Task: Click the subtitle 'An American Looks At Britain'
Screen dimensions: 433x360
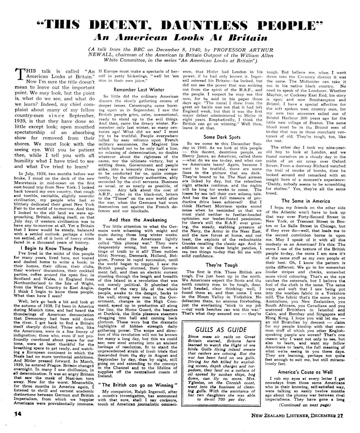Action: click(180, 38)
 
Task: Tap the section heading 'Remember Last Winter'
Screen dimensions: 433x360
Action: click(139, 90)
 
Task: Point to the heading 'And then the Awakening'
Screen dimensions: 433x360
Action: click(138, 220)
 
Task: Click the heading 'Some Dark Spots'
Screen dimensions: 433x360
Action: click(222, 137)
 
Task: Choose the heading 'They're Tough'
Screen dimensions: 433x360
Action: click(222, 265)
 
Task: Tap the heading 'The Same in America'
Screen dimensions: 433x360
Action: click(301, 201)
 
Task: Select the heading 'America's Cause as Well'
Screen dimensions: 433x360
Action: click(301, 372)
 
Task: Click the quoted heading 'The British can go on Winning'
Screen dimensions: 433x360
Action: click(138, 385)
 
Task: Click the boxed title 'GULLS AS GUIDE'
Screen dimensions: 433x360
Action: click(221, 330)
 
